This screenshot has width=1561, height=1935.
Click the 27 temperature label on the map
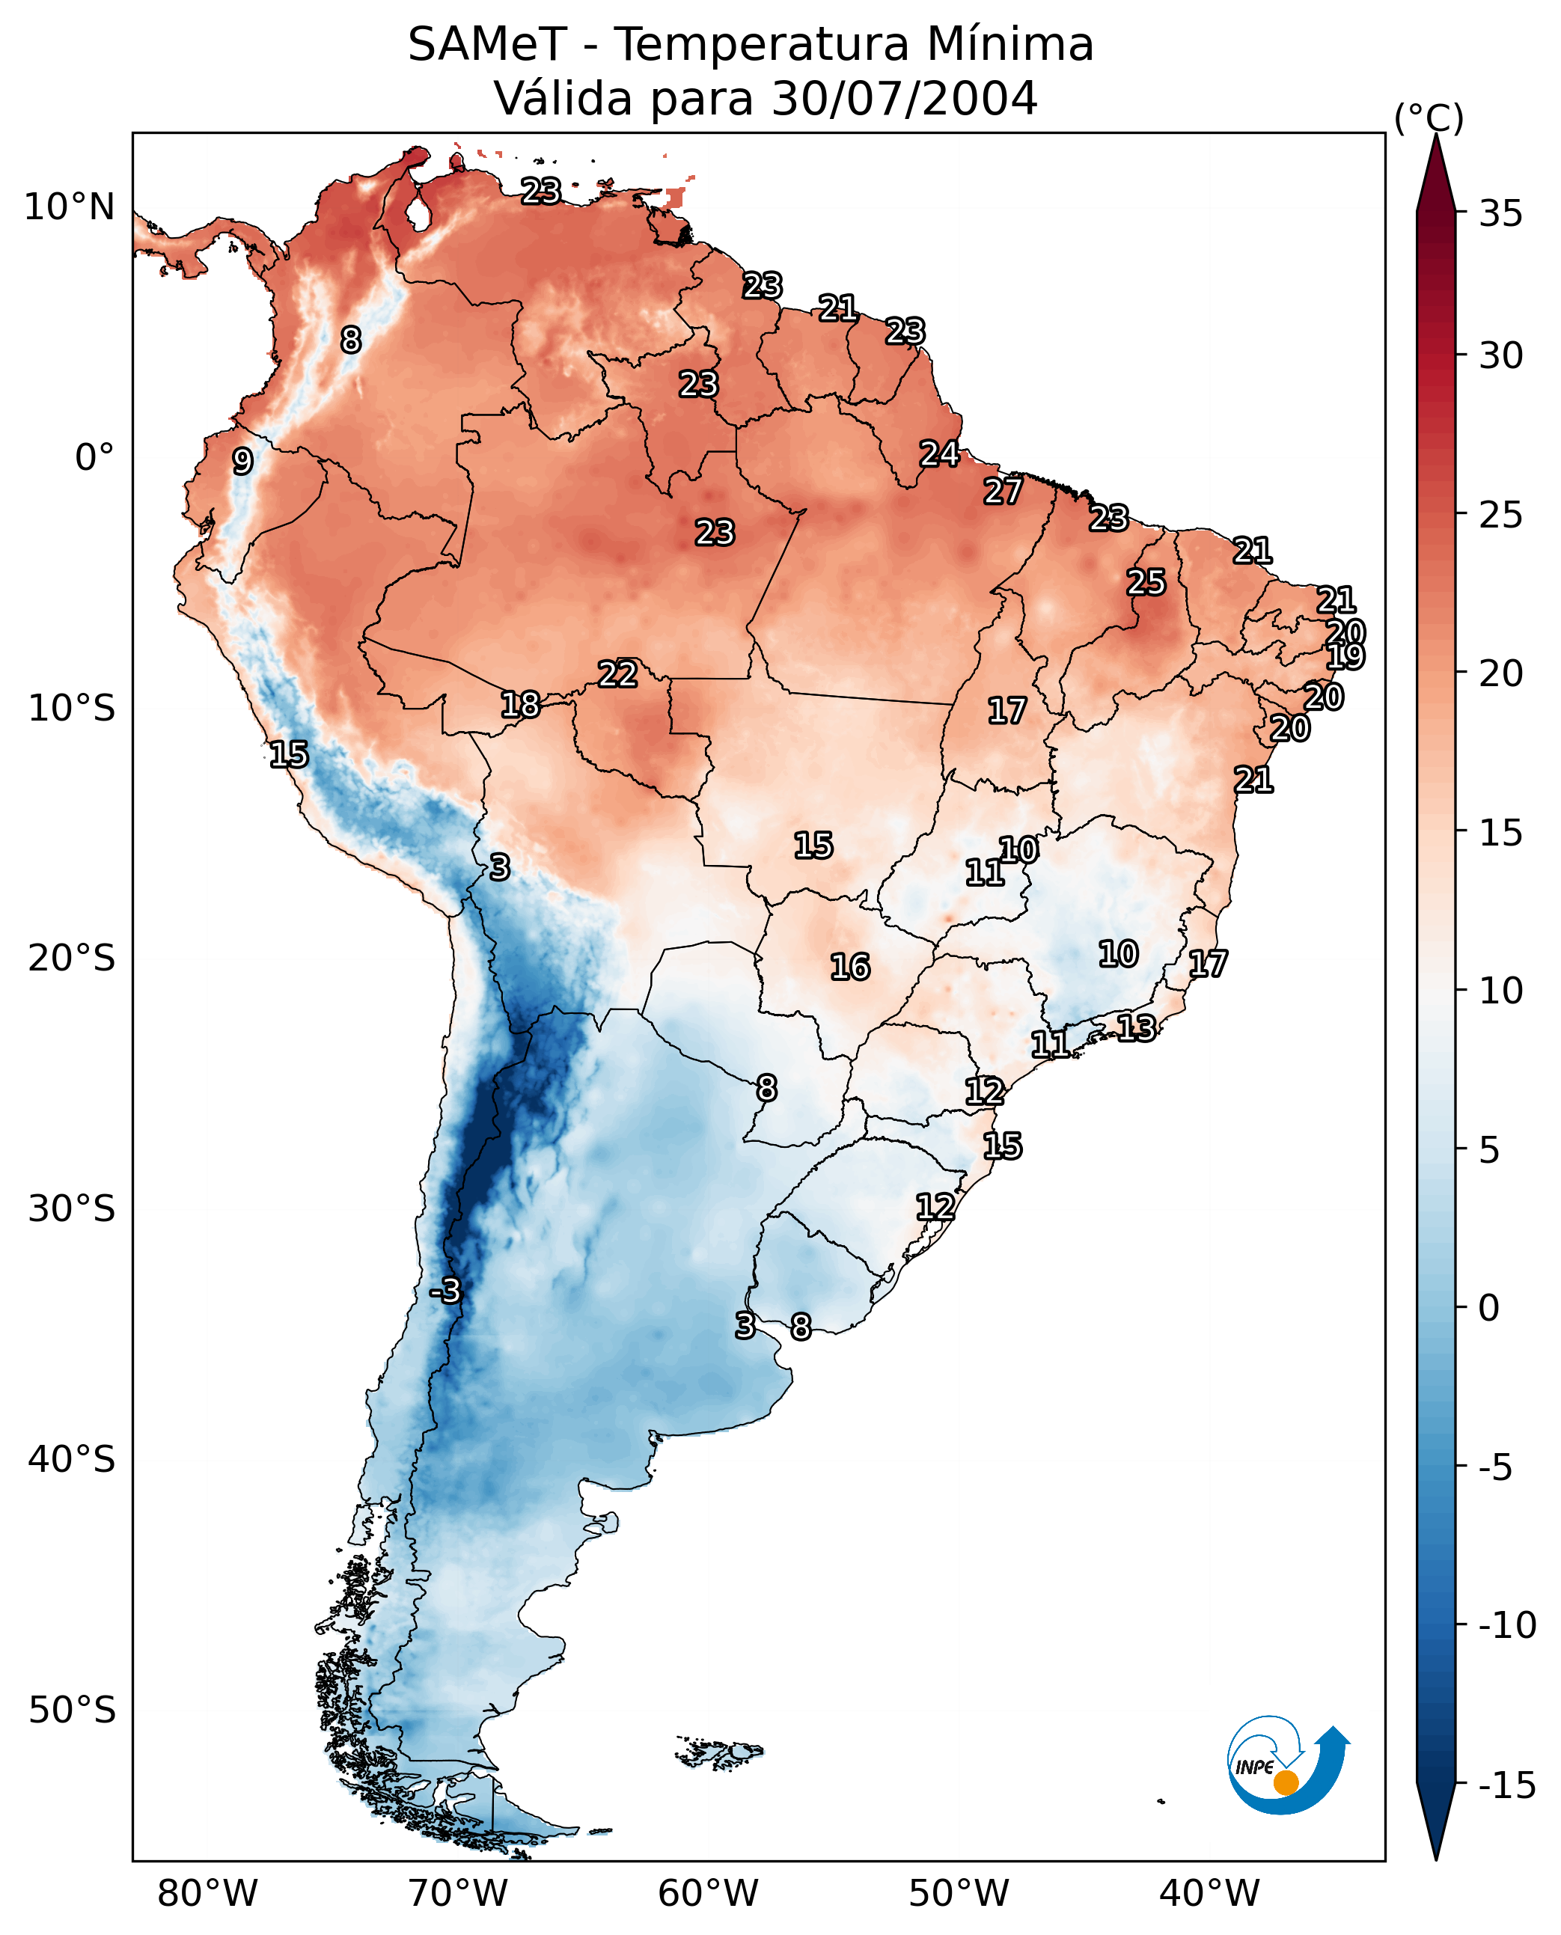point(1003,491)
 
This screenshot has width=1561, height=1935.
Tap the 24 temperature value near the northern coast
point(938,454)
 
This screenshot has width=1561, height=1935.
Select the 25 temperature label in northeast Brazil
point(1146,583)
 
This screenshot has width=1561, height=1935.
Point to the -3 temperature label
point(445,1290)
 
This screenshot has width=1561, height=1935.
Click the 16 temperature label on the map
point(850,967)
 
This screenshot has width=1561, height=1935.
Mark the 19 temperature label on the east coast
point(1345,656)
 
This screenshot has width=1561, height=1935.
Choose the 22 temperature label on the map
point(618,674)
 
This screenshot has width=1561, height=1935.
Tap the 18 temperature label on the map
point(520,705)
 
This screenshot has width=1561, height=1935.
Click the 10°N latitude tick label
point(70,208)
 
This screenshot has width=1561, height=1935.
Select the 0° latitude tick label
point(94,458)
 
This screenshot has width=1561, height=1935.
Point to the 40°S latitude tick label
point(72,1458)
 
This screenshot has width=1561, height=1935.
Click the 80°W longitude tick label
point(208,1893)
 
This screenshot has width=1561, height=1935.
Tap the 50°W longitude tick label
point(959,1893)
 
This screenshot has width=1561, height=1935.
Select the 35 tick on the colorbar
point(1500,214)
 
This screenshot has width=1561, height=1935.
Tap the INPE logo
point(1287,1765)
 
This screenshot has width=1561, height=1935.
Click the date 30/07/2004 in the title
point(904,98)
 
